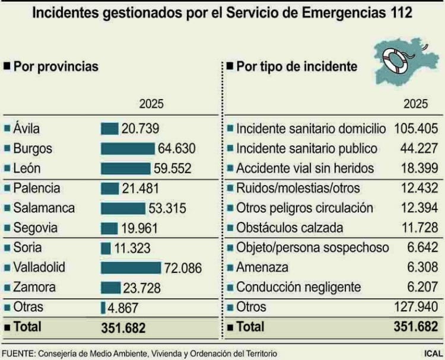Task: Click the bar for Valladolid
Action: pyautogui.click(x=131, y=267)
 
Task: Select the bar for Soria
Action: pyautogui.click(x=106, y=248)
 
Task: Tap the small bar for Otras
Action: pyautogui.click(x=103, y=307)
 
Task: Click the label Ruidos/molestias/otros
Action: pyautogui.click(x=297, y=188)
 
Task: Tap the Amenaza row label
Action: pyautogui.click(x=262, y=267)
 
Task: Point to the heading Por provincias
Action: pyautogui.click(x=55, y=66)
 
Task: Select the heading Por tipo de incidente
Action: pyautogui.click(x=296, y=66)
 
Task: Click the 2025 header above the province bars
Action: pyautogui.click(x=151, y=104)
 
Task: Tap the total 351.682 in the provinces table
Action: pyautogui.click(x=123, y=327)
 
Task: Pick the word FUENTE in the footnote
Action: pyautogui.click(x=18, y=353)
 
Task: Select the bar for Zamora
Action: pyautogui.click(x=110, y=288)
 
